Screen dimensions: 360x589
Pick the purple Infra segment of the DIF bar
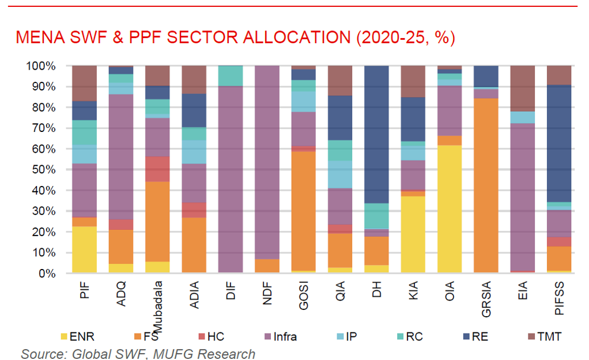[x=231, y=179]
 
